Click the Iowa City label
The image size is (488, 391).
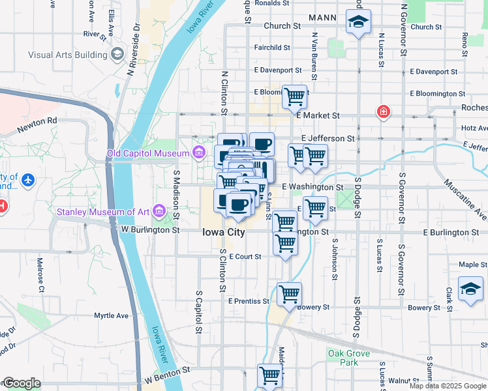pos(223,232)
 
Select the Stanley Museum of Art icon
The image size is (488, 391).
pos(158,210)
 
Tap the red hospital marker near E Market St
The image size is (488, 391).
pos(384,112)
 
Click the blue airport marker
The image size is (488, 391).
pos(27,179)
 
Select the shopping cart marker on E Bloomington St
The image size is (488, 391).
pos(294,96)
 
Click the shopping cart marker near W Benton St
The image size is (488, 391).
pos(269,375)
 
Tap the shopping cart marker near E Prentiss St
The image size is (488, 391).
pos(289,293)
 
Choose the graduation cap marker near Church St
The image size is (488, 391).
pos(358,22)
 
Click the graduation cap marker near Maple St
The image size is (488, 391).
pos(470,287)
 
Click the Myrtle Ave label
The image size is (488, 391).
pos(112,315)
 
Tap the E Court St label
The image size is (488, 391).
pos(245,257)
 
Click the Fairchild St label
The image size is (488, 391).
pos(272,48)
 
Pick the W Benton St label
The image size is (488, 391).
pos(168,370)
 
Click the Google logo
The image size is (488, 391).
pos(22,384)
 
